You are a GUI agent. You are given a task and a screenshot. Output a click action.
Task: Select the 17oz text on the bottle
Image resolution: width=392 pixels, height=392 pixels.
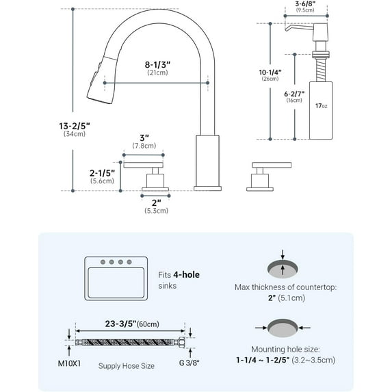click(x=321, y=105)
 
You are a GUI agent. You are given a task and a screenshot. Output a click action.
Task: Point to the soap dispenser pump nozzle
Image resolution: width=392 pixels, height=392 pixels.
click(x=292, y=27)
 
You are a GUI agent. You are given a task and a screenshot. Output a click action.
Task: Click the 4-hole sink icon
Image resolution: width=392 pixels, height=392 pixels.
click(x=114, y=277)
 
